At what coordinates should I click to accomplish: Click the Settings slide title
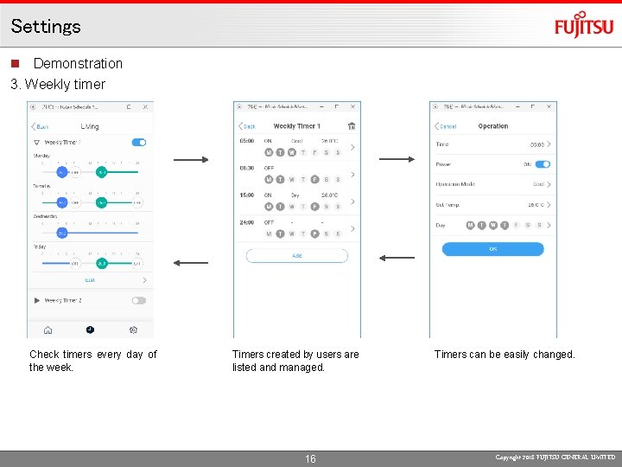tap(46, 26)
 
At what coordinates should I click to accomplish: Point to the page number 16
tap(310, 458)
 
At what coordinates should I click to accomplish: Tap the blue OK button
tap(492, 249)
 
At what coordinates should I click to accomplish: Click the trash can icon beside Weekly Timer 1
tap(352, 126)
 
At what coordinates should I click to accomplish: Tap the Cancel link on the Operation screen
tap(446, 126)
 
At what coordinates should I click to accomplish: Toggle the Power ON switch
tap(543, 164)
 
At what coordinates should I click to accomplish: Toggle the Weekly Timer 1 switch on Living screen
tap(138, 142)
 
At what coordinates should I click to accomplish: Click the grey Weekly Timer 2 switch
tap(138, 300)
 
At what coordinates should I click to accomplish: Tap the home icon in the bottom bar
tap(48, 329)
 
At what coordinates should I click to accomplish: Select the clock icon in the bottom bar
tap(90, 329)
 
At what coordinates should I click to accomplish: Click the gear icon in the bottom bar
tap(133, 329)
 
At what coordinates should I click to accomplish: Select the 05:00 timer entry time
tap(246, 140)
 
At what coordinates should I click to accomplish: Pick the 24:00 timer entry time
tap(246, 222)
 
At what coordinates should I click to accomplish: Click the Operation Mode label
tap(455, 184)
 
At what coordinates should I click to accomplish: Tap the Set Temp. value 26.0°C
tap(536, 205)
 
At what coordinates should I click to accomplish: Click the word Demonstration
tap(78, 63)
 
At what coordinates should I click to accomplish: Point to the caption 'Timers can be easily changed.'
tap(505, 354)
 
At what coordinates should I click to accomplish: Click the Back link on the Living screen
tap(41, 126)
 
